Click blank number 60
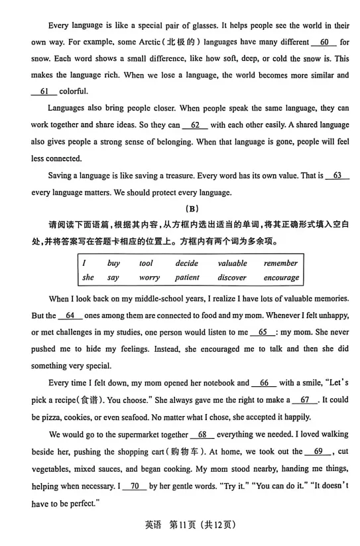[x=324, y=42]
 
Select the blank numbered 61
[x=44, y=91]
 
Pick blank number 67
[x=304, y=400]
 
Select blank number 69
[x=318, y=451]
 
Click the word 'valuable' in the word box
[x=232, y=263]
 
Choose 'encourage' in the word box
[x=281, y=278]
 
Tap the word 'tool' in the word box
[x=146, y=263]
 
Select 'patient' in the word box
[x=187, y=278]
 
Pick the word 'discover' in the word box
[x=232, y=278]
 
